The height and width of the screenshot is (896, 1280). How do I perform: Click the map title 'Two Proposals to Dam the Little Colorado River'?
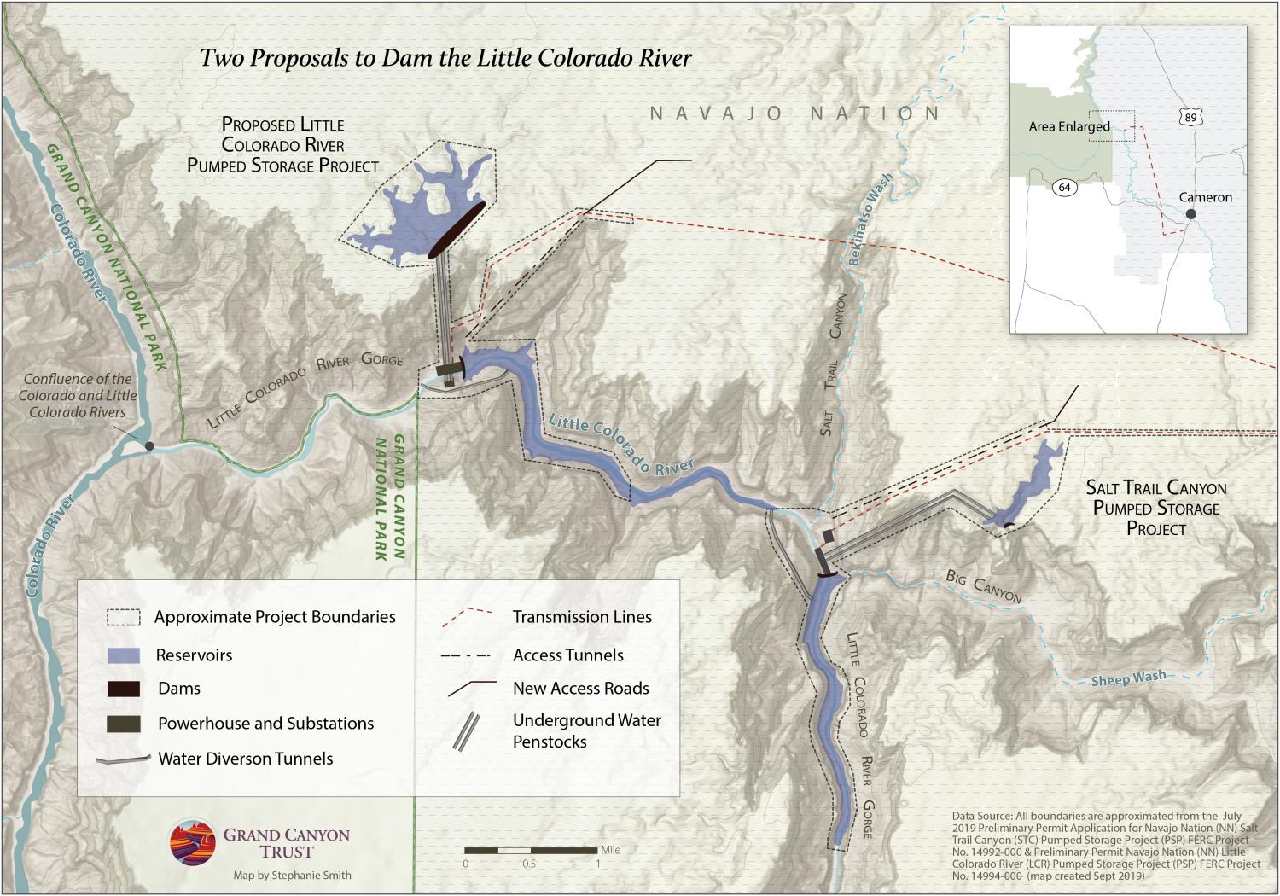point(445,58)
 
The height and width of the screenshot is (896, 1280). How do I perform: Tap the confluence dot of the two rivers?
point(149,446)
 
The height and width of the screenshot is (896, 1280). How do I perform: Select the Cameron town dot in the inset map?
point(1190,214)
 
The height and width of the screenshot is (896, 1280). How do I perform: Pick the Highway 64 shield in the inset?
point(1064,187)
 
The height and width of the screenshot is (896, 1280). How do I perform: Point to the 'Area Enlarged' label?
point(1068,126)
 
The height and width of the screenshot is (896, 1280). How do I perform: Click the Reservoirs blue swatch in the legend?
point(123,655)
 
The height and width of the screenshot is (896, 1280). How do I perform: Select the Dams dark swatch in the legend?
point(123,689)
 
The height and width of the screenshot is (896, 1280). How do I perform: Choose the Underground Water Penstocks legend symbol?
point(466,731)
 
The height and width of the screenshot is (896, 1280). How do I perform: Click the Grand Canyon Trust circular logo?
point(192,842)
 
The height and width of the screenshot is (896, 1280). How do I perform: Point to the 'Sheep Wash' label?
point(1128,679)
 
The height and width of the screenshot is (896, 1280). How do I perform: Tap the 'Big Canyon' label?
point(983,586)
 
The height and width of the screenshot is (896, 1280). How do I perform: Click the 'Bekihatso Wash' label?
point(870,219)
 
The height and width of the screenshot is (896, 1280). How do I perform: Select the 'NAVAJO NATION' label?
point(794,113)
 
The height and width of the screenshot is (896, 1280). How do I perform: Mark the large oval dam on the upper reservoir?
point(457,230)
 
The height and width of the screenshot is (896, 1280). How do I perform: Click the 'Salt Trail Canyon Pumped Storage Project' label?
point(1155,508)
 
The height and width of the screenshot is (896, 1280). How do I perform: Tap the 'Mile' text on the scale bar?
point(610,850)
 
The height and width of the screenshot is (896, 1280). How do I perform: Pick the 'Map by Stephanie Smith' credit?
point(292,876)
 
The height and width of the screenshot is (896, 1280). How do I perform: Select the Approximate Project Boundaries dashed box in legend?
point(123,617)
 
